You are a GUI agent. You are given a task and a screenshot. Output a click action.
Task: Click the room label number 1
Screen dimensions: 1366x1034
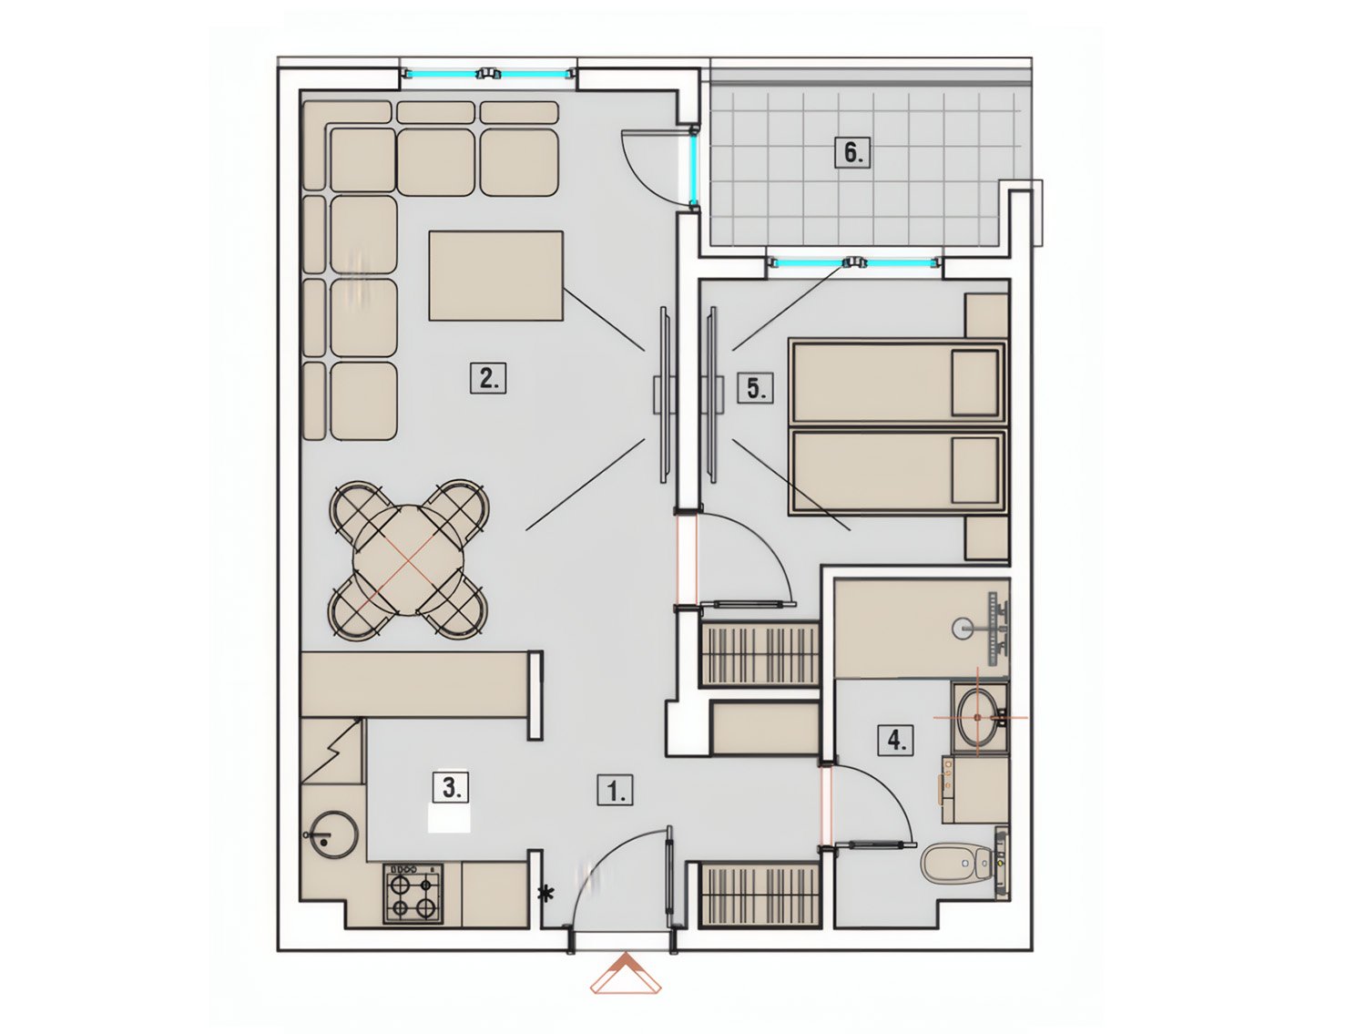coord(615,791)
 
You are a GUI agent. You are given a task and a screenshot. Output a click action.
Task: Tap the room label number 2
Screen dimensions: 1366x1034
coord(488,377)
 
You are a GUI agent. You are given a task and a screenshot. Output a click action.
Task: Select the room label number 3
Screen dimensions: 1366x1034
coord(451,787)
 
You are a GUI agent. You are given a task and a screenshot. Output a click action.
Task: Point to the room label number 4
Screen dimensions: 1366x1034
coord(895,740)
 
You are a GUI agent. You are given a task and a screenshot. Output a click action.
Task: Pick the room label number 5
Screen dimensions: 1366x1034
coord(756,388)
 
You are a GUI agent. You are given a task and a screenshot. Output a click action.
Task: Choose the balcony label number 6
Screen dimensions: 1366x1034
coord(852,152)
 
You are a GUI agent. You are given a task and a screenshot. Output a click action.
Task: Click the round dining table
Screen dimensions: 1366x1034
coord(407,559)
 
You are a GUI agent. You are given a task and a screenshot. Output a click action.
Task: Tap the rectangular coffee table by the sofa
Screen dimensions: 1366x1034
coord(495,276)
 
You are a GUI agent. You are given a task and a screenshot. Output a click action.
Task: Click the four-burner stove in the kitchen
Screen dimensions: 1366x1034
coord(413,894)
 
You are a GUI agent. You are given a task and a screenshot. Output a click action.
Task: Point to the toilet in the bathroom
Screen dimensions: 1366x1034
coord(957,863)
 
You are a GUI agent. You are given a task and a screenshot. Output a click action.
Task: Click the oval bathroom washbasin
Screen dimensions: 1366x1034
coord(978,718)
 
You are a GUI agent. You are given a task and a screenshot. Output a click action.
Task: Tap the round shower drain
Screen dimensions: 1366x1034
coord(962,628)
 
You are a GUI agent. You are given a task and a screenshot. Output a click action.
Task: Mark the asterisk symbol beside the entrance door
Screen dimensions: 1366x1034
coord(547,895)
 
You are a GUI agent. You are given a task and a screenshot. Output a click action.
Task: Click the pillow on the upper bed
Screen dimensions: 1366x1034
coord(975,383)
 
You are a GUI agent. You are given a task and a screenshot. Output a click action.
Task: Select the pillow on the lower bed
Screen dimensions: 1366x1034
coord(975,469)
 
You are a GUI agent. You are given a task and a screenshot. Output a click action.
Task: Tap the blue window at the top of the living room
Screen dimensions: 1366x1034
coord(486,74)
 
